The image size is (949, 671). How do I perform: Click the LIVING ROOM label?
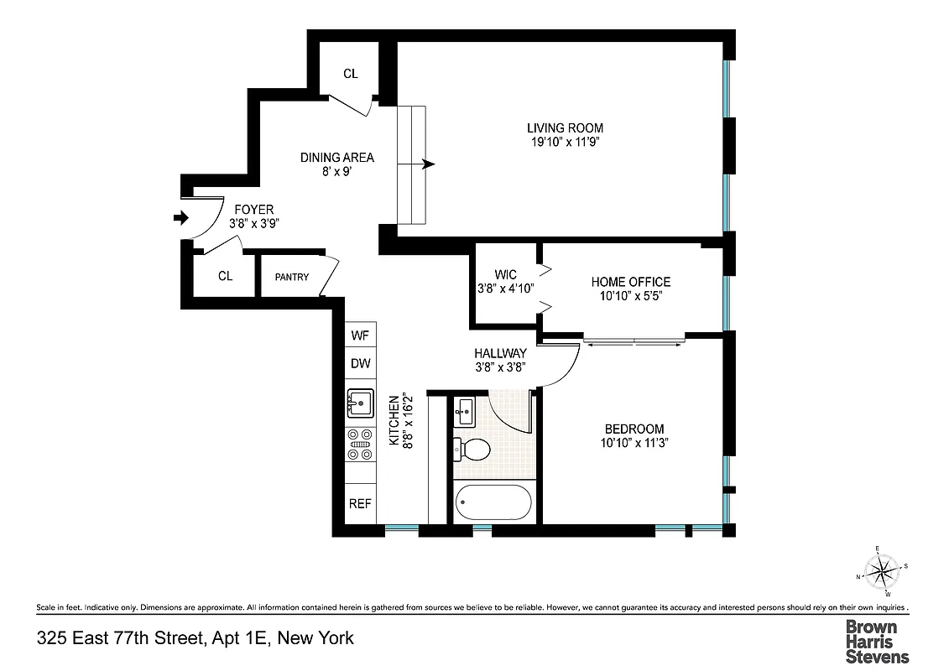[x=565, y=128]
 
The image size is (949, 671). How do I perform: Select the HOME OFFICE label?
[x=631, y=282]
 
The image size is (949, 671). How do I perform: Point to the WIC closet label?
[x=505, y=274]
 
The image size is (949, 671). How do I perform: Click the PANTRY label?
[x=291, y=277]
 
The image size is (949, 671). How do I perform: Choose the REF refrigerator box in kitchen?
[x=360, y=504]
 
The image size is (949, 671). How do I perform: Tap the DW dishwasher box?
[x=360, y=364]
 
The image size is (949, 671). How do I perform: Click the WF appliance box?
[x=360, y=335]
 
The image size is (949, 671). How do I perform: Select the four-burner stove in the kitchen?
[x=361, y=445]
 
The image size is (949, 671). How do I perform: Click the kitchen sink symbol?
[x=361, y=404]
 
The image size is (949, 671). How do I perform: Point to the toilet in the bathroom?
[x=471, y=450]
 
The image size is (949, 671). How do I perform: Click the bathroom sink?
[x=466, y=411]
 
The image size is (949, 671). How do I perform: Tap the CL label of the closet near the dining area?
[x=351, y=74]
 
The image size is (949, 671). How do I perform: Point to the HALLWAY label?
[x=500, y=353]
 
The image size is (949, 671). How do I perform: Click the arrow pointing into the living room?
[x=428, y=164]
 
